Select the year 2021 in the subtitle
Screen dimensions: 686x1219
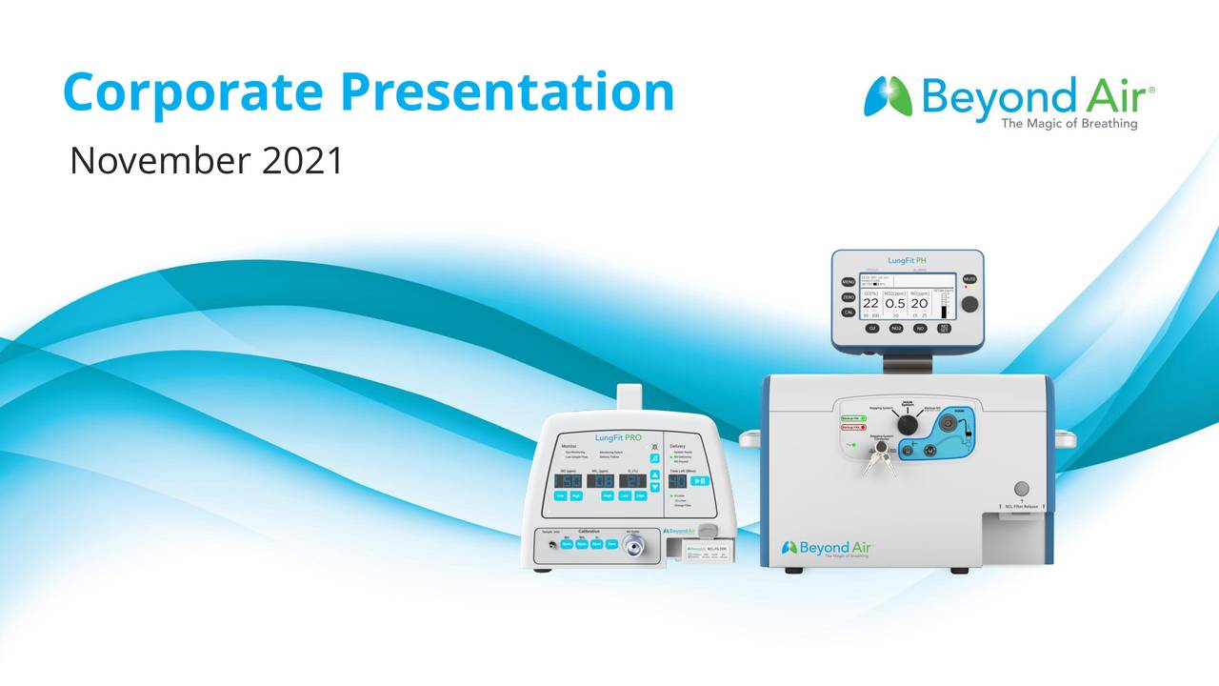(302, 161)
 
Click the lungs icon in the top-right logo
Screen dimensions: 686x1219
(888, 96)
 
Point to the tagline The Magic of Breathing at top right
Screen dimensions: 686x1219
(1069, 124)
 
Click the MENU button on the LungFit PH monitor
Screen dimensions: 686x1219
(848, 282)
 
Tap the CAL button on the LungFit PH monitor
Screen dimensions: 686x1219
(848, 313)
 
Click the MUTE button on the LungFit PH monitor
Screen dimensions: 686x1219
(969, 278)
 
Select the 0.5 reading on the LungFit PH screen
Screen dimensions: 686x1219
(895, 304)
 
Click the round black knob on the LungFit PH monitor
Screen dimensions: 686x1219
(969, 304)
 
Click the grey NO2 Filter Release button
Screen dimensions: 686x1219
(1021, 489)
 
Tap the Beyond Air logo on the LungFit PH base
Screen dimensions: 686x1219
(826, 549)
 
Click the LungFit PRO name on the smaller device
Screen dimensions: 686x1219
(618, 438)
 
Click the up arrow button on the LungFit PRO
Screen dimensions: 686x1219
(654, 474)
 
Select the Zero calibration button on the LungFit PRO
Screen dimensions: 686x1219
(611, 544)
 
